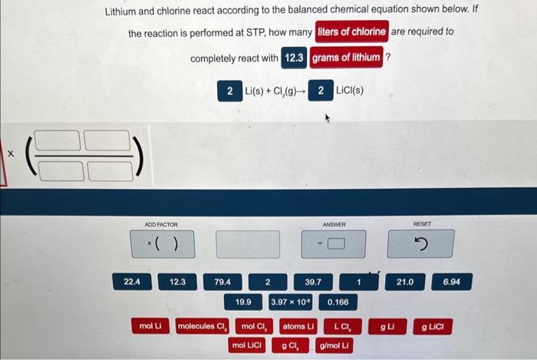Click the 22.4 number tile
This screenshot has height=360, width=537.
click(133, 282)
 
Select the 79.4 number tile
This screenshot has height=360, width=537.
click(223, 282)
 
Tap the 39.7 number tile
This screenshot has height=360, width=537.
click(313, 282)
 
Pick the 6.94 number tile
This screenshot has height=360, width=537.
click(452, 282)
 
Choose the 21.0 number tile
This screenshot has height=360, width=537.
click(405, 282)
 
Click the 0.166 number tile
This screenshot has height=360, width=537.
click(338, 302)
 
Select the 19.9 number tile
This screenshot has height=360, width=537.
click(244, 302)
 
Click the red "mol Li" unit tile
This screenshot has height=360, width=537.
click(150, 326)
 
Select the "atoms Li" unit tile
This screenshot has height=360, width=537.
click(299, 326)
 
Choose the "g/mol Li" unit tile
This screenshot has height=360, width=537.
click(334, 345)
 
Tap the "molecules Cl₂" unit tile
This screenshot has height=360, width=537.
click(203, 326)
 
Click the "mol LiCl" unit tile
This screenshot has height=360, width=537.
click(246, 345)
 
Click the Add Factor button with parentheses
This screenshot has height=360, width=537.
click(163, 245)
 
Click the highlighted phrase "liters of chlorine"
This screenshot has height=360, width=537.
click(352, 32)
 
